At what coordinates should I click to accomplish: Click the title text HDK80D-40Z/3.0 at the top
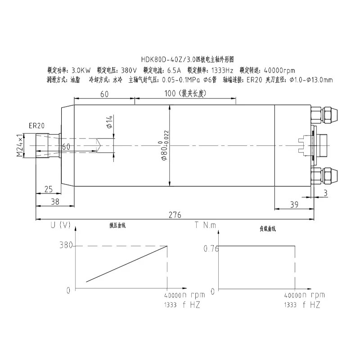coord(164,59)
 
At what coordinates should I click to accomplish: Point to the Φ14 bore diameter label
coord(110,121)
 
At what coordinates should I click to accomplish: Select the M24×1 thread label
coord(19,145)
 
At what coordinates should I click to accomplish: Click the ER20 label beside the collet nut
coord(36,126)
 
